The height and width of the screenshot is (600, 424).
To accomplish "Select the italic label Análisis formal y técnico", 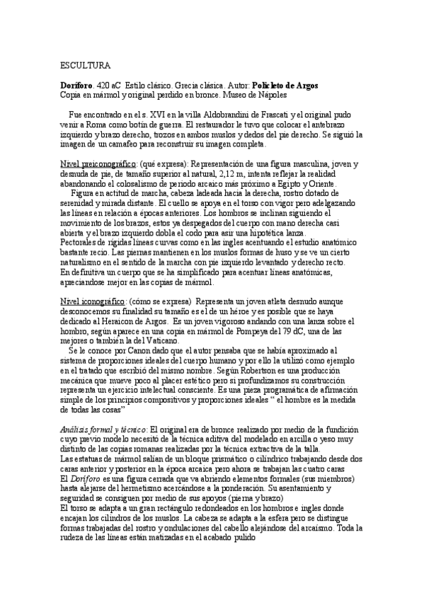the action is point(103,429).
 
